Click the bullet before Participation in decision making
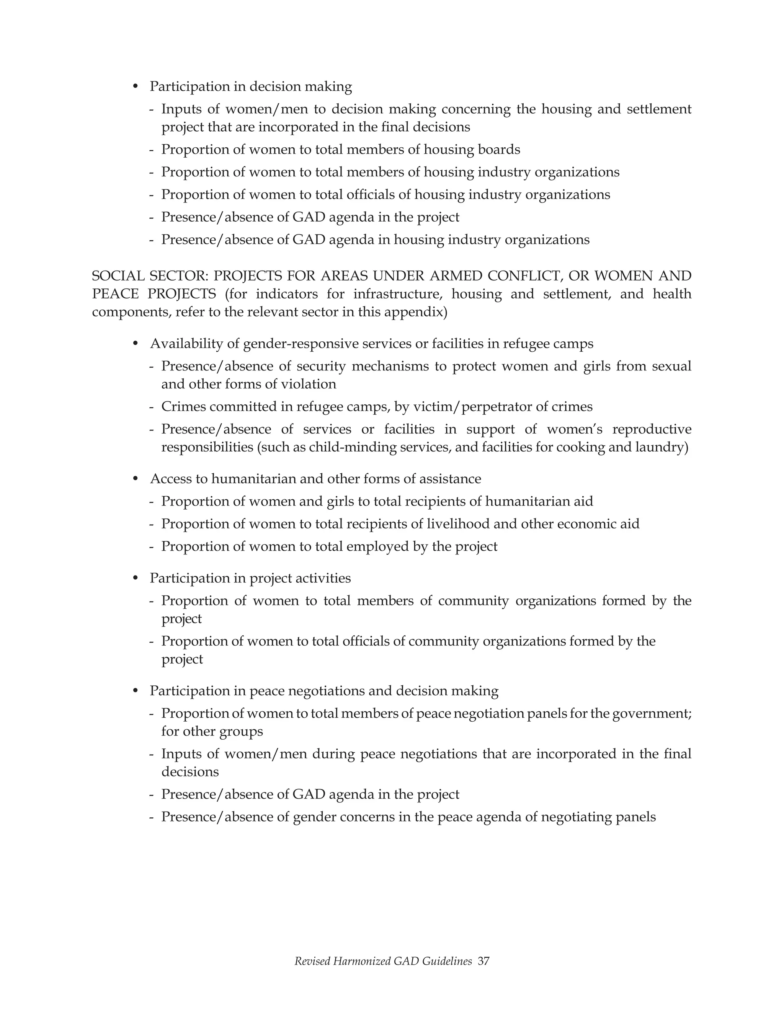point(136,87)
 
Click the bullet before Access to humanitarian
point(136,479)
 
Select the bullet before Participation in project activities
point(136,578)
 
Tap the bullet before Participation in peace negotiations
point(136,691)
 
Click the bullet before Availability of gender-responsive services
point(136,344)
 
